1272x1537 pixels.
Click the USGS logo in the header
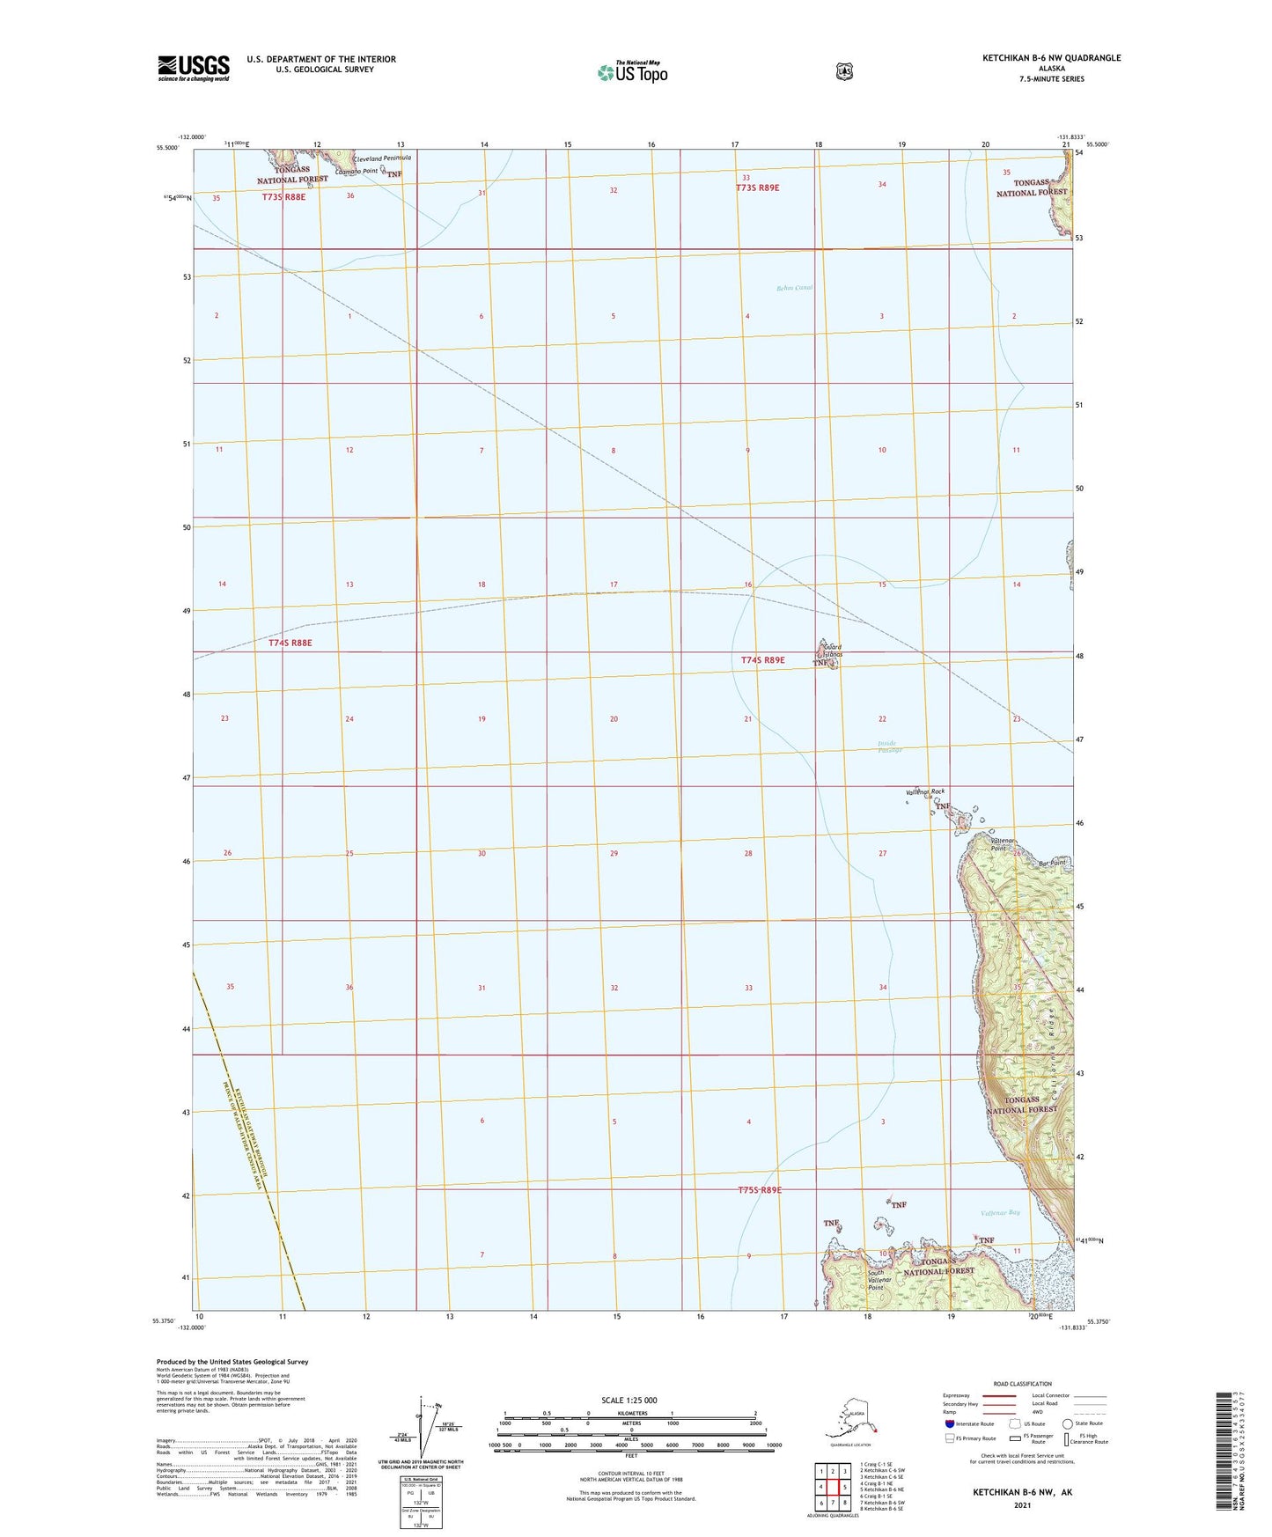tap(193, 68)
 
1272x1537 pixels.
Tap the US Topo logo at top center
tap(633, 72)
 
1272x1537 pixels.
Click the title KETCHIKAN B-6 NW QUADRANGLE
tap(1051, 58)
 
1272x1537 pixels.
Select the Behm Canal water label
tap(794, 288)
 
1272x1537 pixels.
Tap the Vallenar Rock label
tap(924, 792)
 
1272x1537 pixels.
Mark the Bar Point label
tap(1052, 863)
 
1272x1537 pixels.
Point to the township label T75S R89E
tap(760, 1190)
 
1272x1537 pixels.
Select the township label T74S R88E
tap(290, 643)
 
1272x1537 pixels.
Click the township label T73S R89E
tap(758, 188)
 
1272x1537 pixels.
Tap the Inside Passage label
tap(890, 746)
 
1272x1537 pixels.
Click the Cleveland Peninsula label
tap(382, 158)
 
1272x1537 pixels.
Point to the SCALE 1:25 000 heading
tap(629, 1401)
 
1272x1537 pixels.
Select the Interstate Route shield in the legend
tap(949, 1423)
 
